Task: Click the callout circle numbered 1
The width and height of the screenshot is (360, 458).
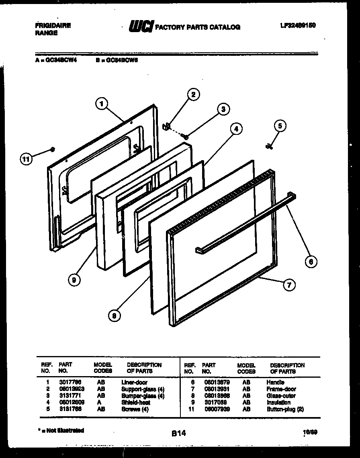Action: (102, 104)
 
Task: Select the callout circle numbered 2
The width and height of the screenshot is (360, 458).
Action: (193, 95)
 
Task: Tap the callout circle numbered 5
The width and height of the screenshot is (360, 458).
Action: (280, 126)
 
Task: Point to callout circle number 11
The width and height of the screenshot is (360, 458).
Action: (26, 159)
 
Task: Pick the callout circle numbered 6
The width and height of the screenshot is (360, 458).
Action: (310, 262)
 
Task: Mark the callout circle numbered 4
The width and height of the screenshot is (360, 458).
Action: (236, 129)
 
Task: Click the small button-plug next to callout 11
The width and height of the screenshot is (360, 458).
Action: (52, 150)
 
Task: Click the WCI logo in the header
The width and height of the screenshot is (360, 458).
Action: (140, 26)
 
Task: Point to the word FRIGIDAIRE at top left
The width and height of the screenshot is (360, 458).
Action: (53, 25)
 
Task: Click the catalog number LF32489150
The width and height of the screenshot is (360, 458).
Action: (297, 25)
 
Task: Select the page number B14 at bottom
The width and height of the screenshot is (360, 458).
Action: (178, 433)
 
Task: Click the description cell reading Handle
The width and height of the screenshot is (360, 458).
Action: (275, 383)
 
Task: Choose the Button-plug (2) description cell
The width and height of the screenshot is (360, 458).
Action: (285, 409)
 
